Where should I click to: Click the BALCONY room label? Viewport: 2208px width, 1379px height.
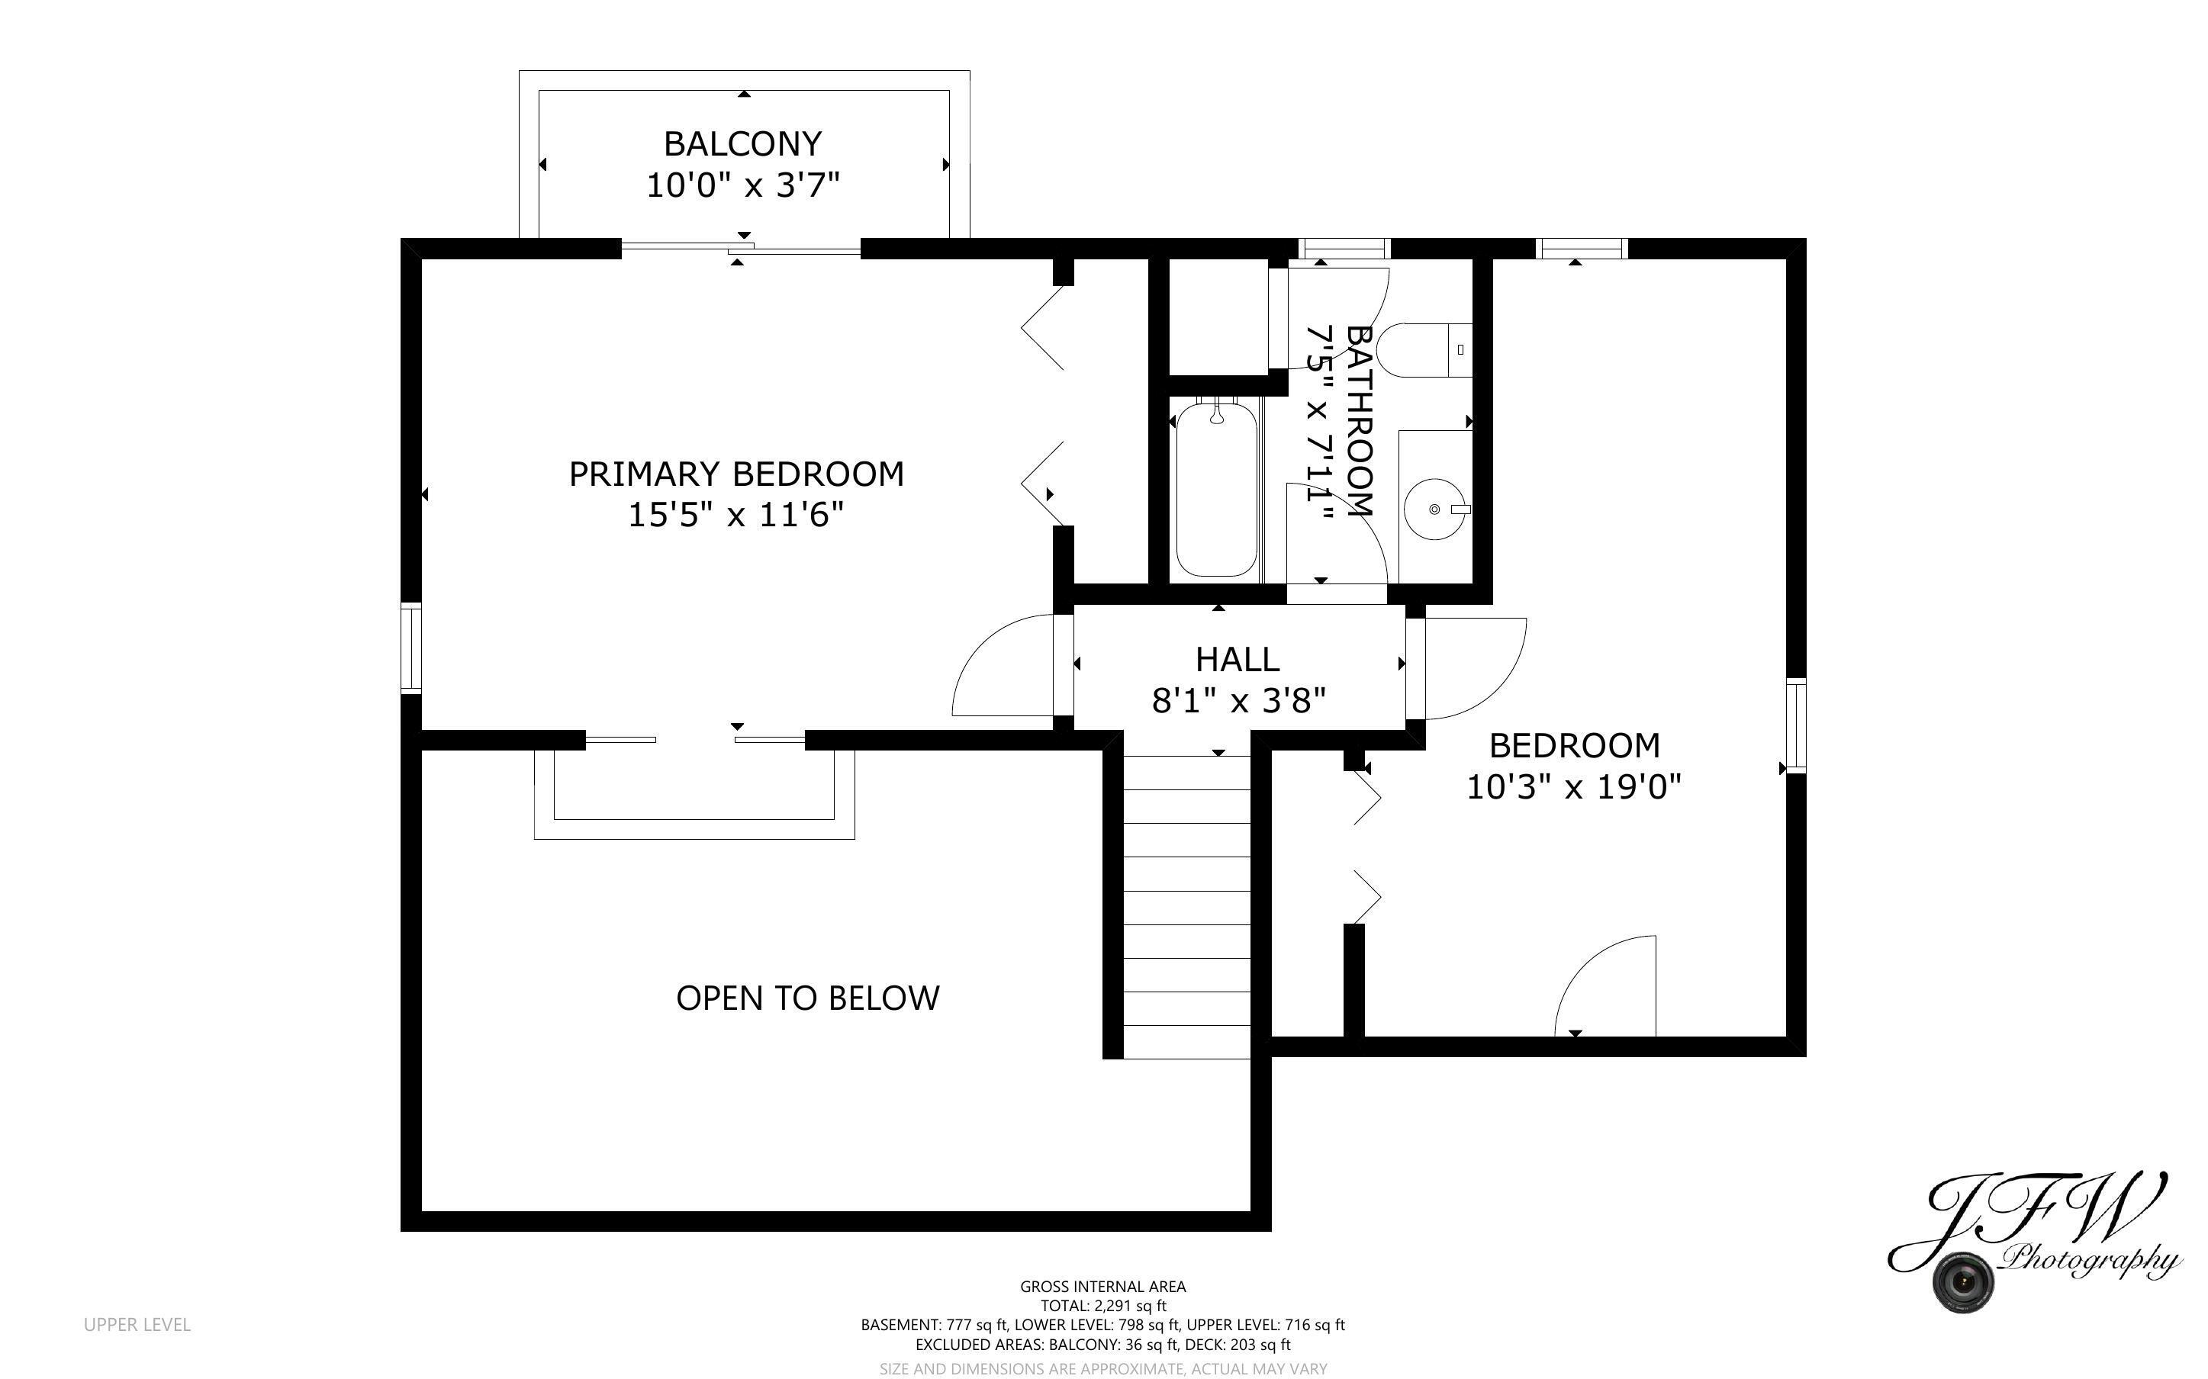click(x=742, y=144)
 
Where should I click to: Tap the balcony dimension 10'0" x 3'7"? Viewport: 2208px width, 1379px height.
click(x=742, y=185)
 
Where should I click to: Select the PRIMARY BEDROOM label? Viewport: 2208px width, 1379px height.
click(x=736, y=474)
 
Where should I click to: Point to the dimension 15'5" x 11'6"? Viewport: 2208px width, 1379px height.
click(x=736, y=516)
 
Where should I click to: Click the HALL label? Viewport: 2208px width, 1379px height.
click(x=1237, y=660)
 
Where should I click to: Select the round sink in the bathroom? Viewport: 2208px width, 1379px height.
click(x=1434, y=509)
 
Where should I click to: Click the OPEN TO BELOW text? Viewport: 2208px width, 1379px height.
click(x=807, y=998)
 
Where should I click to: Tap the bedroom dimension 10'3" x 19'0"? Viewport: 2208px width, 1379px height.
click(x=1572, y=786)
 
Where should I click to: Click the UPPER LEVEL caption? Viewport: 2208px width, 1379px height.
click(x=137, y=1324)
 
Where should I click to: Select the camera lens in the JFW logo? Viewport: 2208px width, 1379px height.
click(x=1962, y=1281)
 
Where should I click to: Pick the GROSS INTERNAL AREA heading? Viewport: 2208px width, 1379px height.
click(x=1102, y=1287)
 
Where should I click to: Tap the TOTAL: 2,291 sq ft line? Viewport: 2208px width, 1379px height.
click(x=1102, y=1306)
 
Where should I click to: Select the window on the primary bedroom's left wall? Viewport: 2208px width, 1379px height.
click(x=411, y=648)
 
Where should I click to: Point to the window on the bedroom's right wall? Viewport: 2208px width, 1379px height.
click(x=1794, y=726)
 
